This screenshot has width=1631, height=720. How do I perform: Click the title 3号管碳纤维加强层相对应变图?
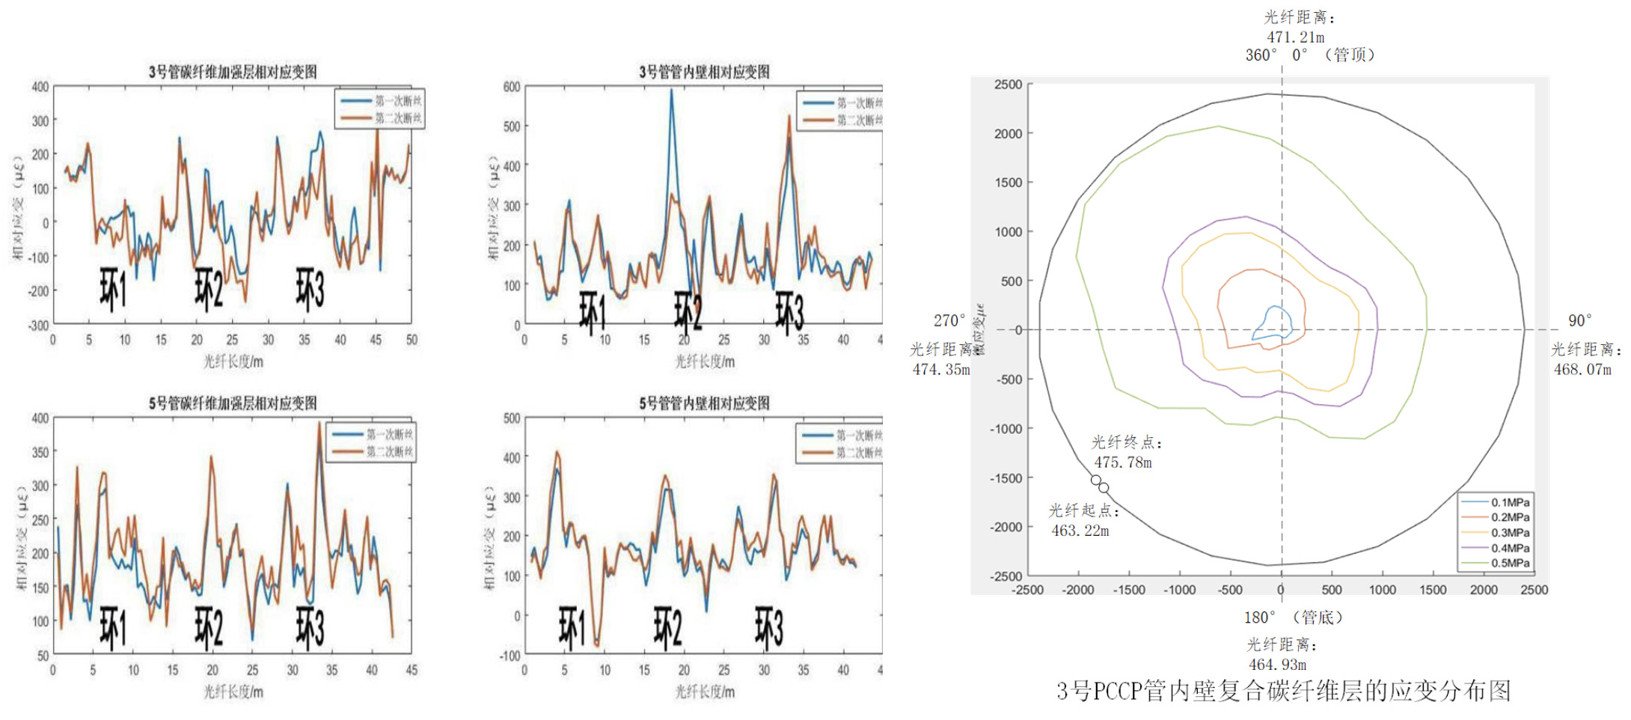233,72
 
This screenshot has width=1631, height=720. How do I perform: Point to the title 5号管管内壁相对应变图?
704,403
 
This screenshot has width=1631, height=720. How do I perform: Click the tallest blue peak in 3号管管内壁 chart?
671,91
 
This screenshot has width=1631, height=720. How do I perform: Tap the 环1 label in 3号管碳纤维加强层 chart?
113,289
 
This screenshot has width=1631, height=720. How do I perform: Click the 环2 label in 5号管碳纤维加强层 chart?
209,627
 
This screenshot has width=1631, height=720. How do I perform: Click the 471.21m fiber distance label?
1295,37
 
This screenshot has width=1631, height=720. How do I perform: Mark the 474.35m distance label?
941,369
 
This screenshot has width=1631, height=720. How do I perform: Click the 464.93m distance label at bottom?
1277,664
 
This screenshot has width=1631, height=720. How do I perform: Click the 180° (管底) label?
1293,617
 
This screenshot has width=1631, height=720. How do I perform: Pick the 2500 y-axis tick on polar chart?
1008,85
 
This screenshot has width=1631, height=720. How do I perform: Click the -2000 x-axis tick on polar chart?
1078,590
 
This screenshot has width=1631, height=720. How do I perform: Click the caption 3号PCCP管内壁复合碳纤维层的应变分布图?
1283,691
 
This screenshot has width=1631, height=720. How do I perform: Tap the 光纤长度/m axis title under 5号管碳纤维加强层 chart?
233,692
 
